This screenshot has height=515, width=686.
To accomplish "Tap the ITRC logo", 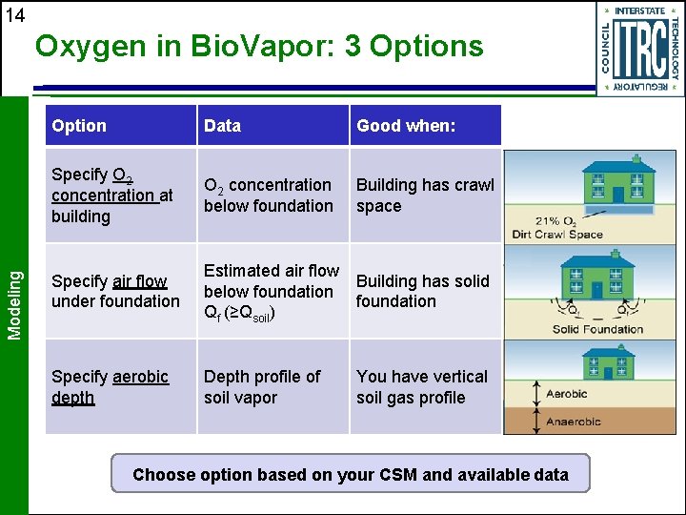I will pyautogui.click(x=639, y=48).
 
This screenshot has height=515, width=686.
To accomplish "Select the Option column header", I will pyautogui.click(x=79, y=126).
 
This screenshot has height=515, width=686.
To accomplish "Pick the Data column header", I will pyautogui.click(x=222, y=126).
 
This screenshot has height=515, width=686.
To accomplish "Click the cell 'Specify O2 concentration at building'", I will pyautogui.click(x=111, y=196).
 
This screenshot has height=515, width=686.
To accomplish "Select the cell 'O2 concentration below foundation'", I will pyautogui.click(x=268, y=196).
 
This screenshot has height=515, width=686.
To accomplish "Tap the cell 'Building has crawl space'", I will pyautogui.click(x=425, y=196).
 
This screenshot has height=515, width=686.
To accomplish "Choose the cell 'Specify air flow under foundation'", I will pyautogui.click(x=115, y=291).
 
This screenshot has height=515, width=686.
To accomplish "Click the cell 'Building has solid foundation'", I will pyautogui.click(x=422, y=291).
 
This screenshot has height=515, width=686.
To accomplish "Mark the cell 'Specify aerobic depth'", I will pyautogui.click(x=110, y=387).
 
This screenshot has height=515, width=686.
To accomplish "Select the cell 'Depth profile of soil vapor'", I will pyautogui.click(x=262, y=387).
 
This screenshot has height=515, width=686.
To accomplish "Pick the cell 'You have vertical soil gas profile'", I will pyautogui.click(x=421, y=387).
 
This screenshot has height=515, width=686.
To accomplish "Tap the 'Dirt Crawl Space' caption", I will pyautogui.click(x=556, y=234).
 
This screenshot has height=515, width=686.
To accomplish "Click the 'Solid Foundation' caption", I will pyautogui.click(x=597, y=329).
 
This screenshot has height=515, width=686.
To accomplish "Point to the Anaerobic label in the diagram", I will pyautogui.click(x=573, y=422).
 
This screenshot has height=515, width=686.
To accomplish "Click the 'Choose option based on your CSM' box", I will pyautogui.click(x=350, y=474).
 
